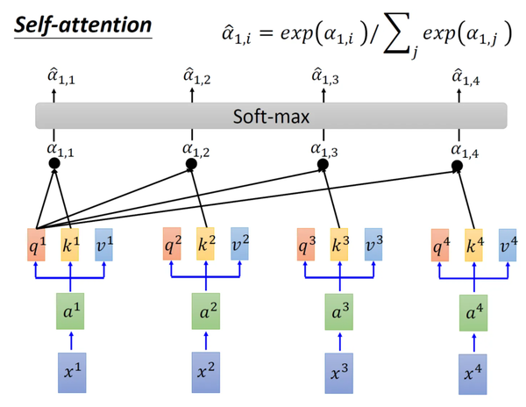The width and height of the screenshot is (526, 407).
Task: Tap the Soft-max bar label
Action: pos(271,116)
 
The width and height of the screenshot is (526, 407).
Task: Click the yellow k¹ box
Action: pos(71,244)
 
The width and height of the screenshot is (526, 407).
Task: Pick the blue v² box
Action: pos(239,244)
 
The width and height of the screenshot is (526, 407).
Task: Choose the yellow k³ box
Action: pos(338,244)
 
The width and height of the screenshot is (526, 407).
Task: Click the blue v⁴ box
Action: pos(507,244)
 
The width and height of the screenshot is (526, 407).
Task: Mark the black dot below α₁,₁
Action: pos(53,163)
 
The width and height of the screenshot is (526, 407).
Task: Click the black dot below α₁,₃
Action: pos(323,164)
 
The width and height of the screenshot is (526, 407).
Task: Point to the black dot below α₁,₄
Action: pos(457,164)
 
